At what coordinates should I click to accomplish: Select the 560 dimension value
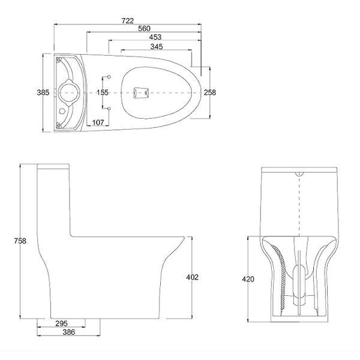[x=143, y=29]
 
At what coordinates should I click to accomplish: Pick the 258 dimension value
[x=209, y=92]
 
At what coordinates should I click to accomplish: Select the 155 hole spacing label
[x=103, y=92]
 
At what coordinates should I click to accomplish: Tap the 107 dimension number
[x=99, y=122]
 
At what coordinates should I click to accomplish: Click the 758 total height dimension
[x=20, y=241]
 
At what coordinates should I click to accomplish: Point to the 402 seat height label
[x=192, y=277]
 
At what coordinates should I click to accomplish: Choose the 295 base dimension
[x=61, y=323]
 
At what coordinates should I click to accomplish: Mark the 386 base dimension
[x=68, y=331]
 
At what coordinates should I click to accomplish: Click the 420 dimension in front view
[x=249, y=279]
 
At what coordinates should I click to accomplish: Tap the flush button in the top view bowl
[x=139, y=92]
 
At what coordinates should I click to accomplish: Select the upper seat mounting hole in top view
[x=109, y=77]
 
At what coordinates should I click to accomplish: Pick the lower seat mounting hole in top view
[x=109, y=107]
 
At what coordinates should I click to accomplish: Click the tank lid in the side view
[x=56, y=166]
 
